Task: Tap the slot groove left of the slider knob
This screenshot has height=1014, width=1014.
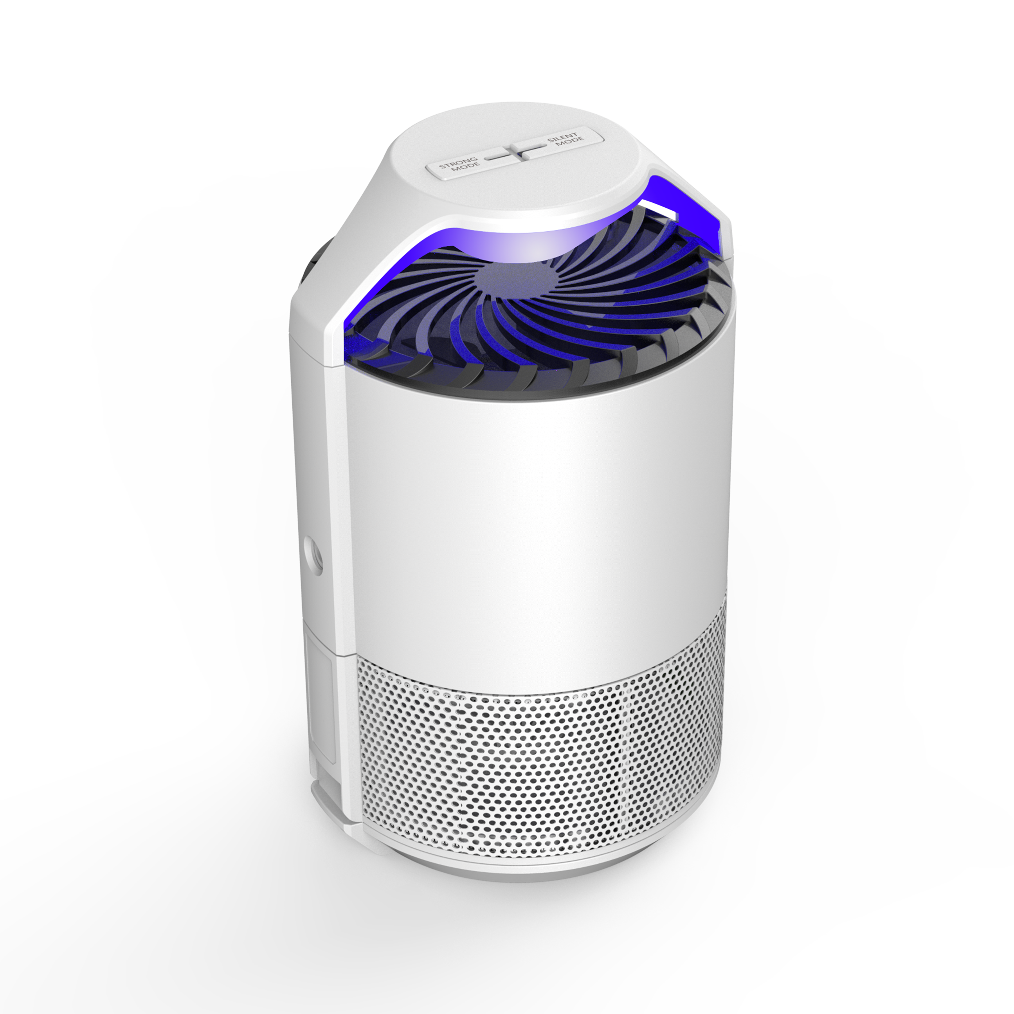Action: click(495, 157)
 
